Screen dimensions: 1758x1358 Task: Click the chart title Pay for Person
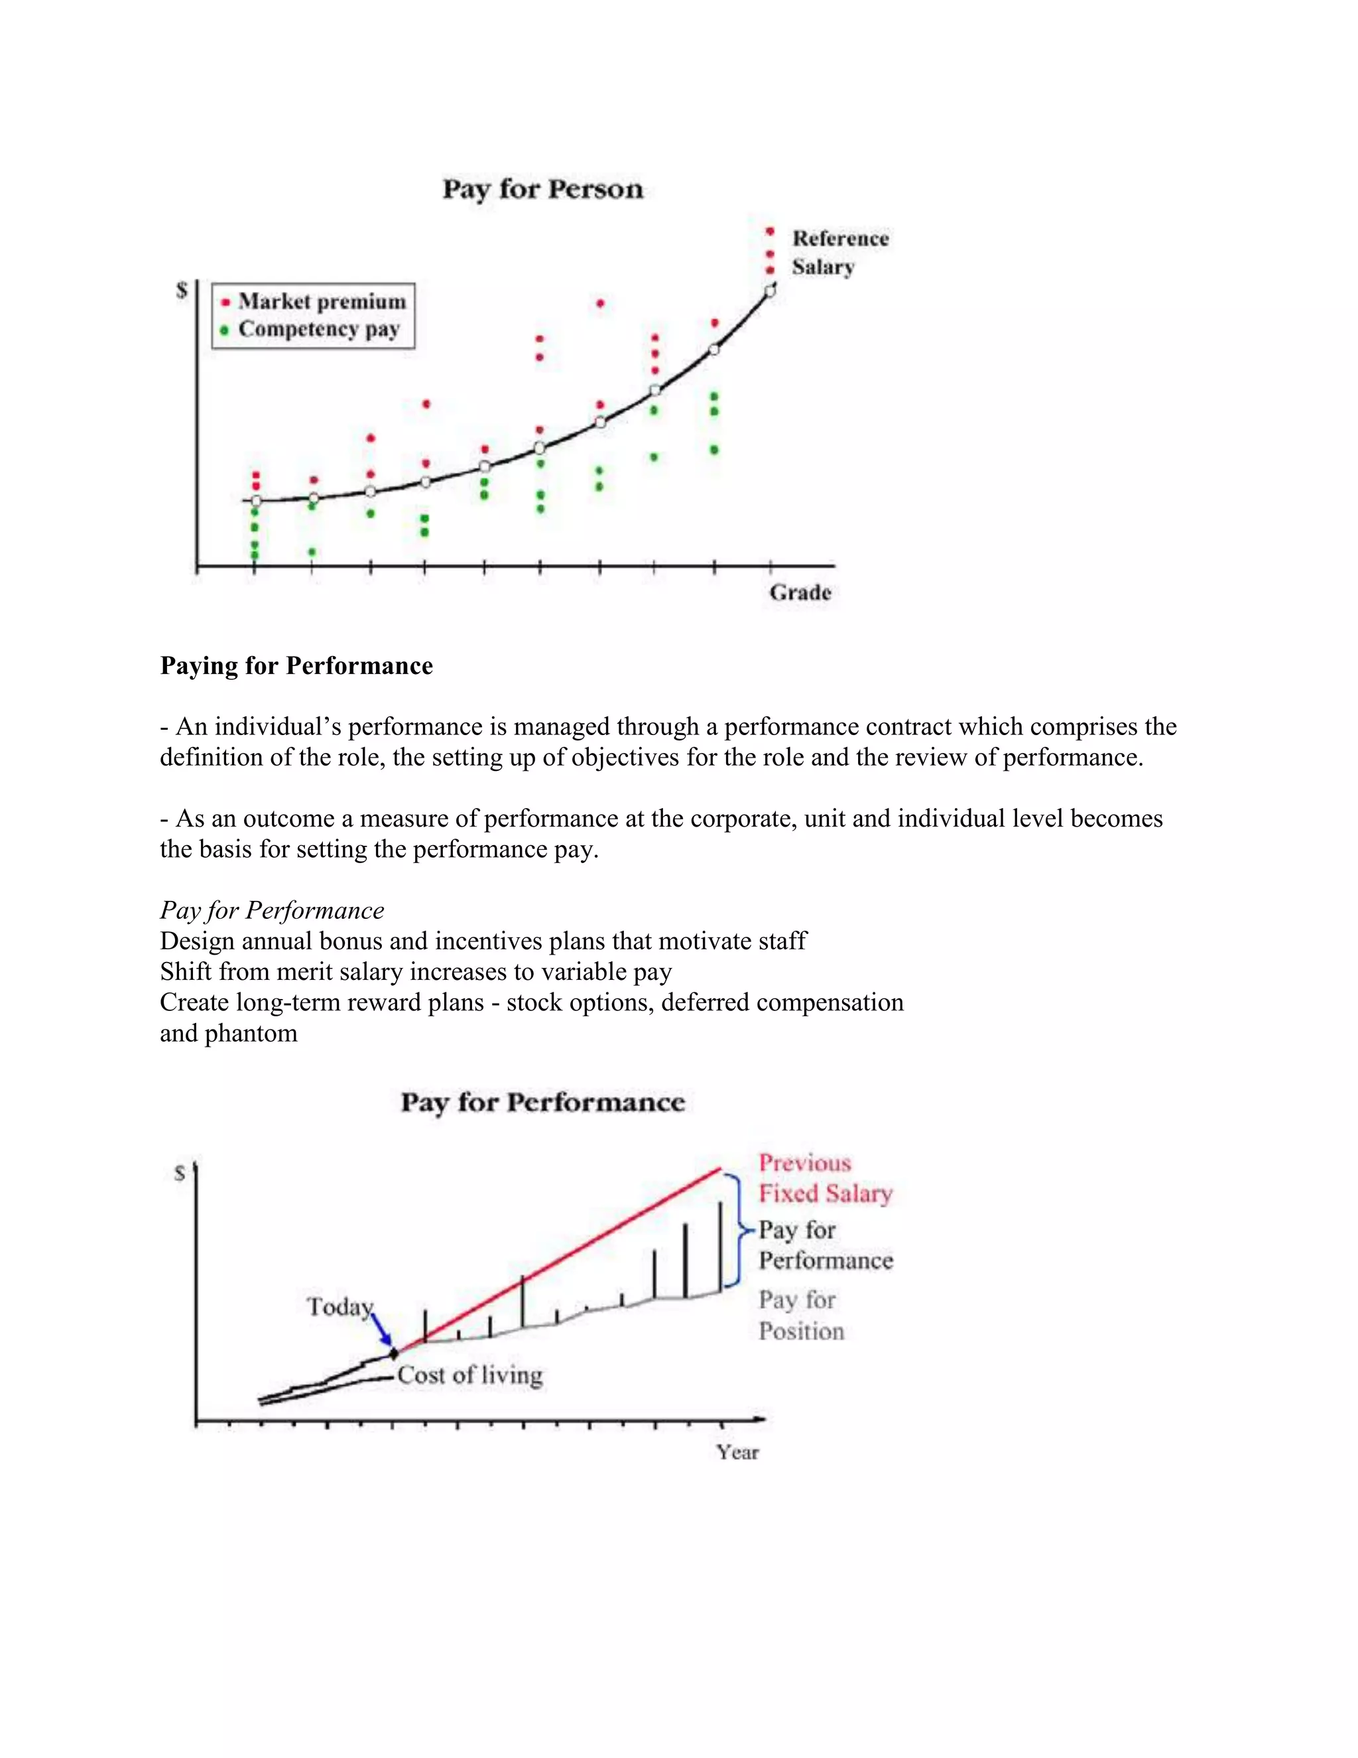543,189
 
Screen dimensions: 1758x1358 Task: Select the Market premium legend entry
314,302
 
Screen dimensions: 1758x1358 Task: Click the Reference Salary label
839,252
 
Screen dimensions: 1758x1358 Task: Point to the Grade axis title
800,592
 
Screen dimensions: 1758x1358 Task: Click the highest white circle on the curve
770,291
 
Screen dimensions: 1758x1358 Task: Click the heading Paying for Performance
296,665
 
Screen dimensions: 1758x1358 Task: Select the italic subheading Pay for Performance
272,910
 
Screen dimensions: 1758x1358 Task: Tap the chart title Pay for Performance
543,1102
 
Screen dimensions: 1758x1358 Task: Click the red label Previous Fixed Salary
825,1178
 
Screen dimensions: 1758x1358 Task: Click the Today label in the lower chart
339,1306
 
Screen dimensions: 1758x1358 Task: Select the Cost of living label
470,1375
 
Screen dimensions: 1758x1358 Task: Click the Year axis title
738,1452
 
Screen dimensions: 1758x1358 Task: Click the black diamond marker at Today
393,1354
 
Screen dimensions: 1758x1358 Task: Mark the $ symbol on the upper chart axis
182,290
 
